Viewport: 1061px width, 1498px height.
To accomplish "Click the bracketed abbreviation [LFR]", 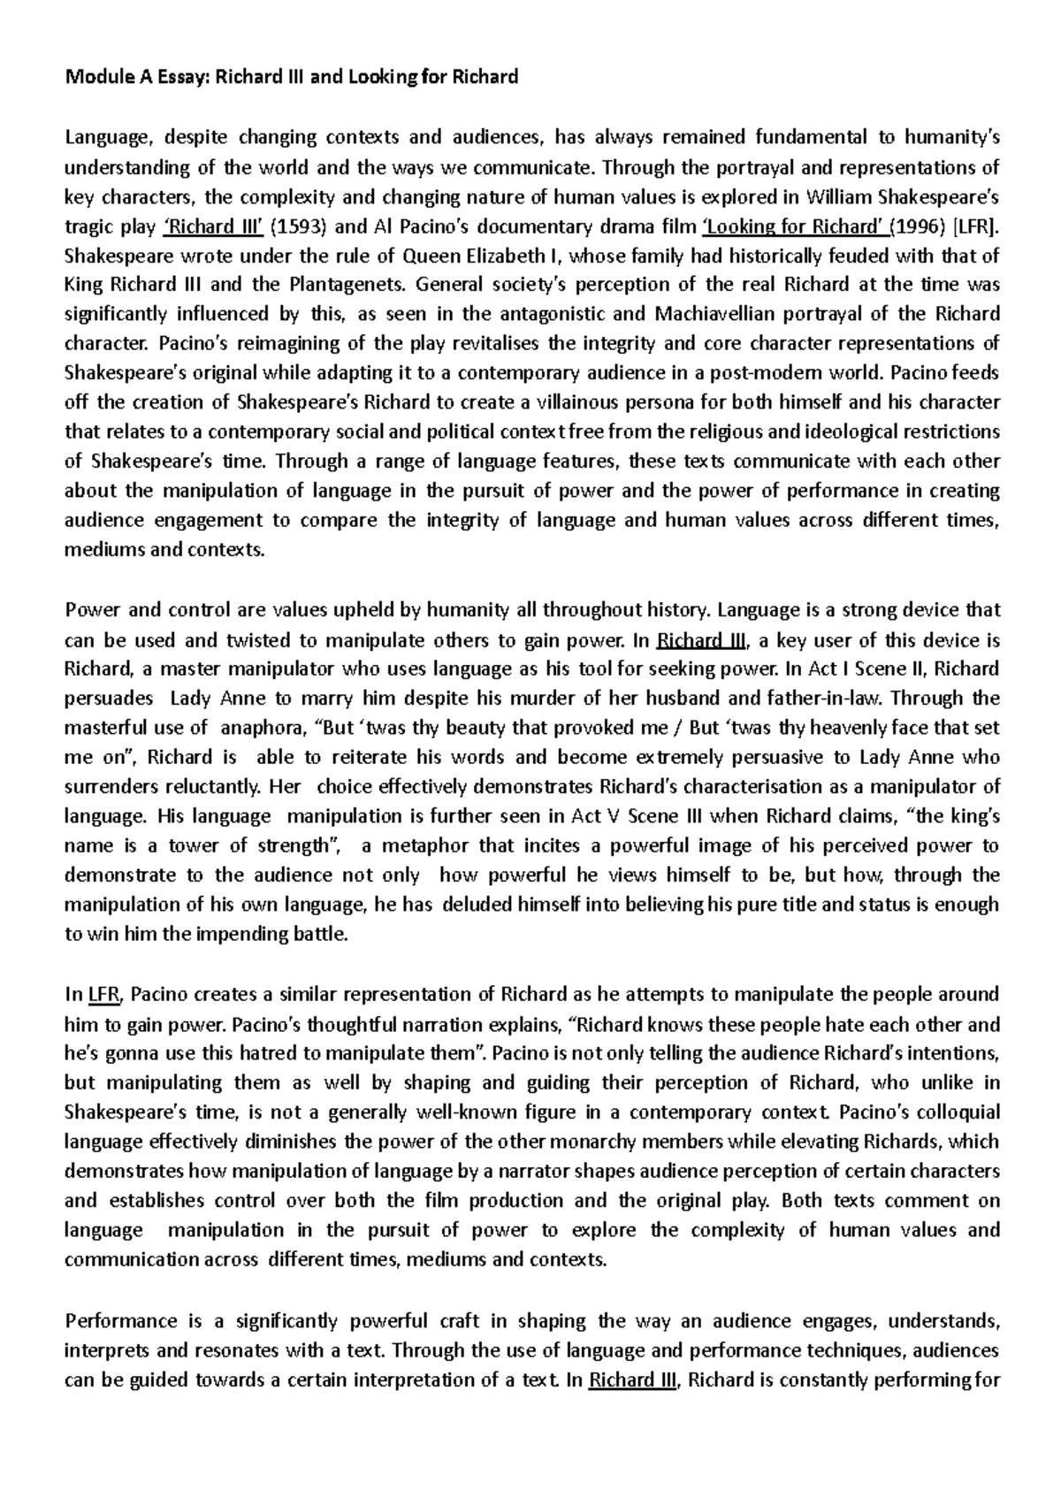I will pos(977,225).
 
